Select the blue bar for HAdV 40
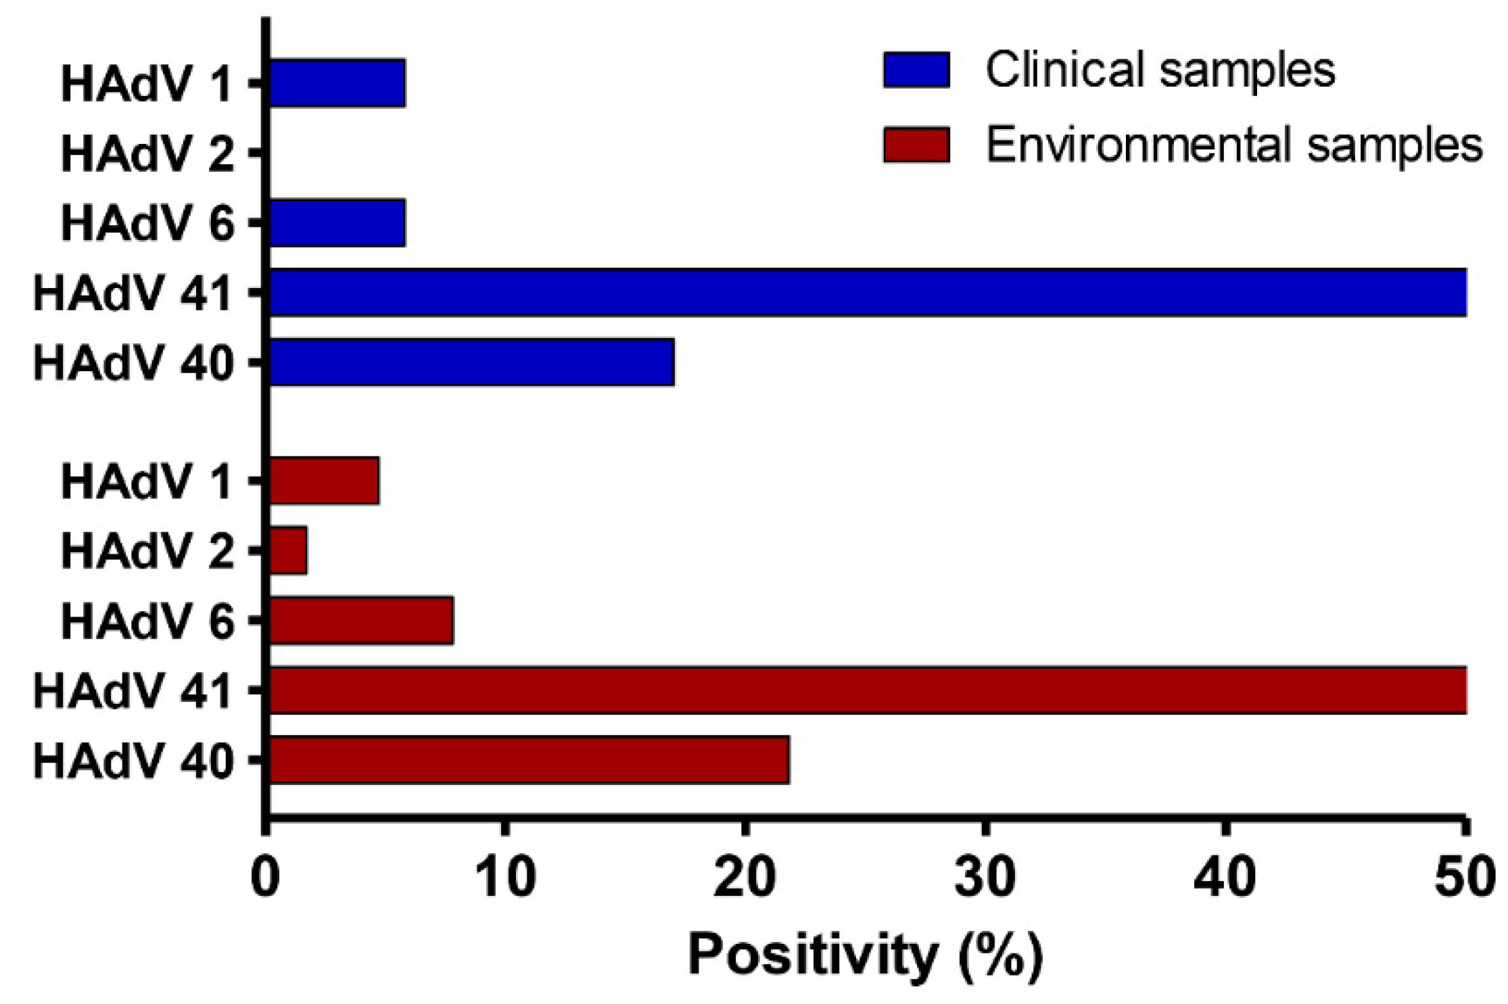point(471,362)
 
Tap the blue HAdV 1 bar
point(337,83)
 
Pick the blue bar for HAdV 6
point(337,222)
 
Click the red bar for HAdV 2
point(288,550)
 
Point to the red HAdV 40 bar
point(529,760)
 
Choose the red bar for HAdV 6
point(361,620)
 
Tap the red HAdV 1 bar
point(324,481)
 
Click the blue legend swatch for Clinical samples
point(916,69)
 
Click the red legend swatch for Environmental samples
point(916,144)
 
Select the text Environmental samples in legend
point(1233,144)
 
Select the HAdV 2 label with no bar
point(147,154)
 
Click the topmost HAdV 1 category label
point(147,85)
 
